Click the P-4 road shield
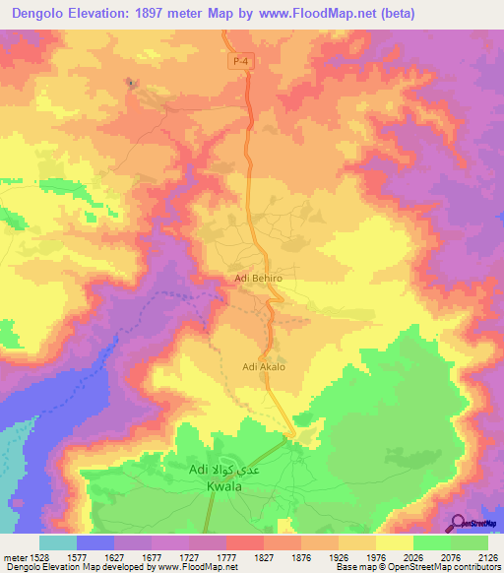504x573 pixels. click(239, 62)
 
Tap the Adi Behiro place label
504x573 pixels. click(259, 279)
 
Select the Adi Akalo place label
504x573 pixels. click(263, 367)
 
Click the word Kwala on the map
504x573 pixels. click(224, 486)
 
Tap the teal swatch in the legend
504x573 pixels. click(58, 541)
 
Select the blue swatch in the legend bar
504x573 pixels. click(95, 541)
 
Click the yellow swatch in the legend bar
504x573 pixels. click(394, 541)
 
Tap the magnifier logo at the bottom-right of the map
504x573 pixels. click(456, 522)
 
